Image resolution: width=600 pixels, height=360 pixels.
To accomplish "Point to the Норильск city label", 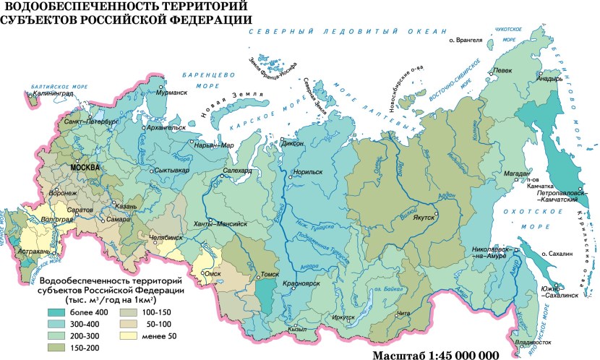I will pos(309,173).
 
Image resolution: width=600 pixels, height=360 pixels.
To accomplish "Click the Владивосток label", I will pos(533,342).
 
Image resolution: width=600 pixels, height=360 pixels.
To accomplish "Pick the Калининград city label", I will pos(51,93).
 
